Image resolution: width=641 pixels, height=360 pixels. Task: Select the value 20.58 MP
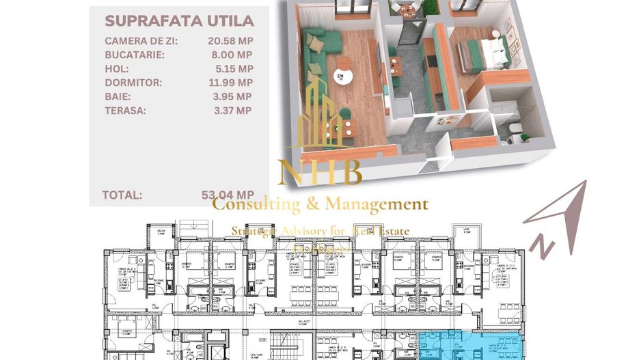point(230,41)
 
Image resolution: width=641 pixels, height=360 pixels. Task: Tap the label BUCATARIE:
point(135,55)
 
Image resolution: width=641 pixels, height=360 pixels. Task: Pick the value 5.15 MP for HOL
point(234,68)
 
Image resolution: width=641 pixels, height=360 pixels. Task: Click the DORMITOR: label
point(133,83)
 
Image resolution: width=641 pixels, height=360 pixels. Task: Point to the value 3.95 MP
point(234,96)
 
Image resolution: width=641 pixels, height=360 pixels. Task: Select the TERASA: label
point(126,110)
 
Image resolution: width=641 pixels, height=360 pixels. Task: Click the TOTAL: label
point(122,195)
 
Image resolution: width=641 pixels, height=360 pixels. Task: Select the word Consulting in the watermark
point(256,204)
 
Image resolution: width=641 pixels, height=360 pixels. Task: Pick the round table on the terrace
point(409,10)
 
